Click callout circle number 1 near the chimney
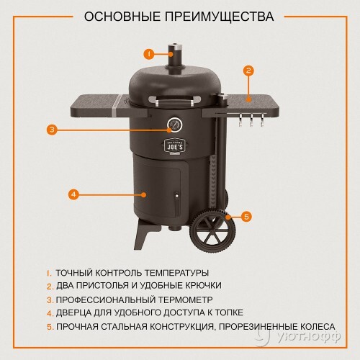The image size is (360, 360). pyautogui.click(x=148, y=53)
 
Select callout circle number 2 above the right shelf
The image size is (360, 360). pyautogui.click(x=248, y=71)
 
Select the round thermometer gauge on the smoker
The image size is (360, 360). pyautogui.click(x=173, y=126)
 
